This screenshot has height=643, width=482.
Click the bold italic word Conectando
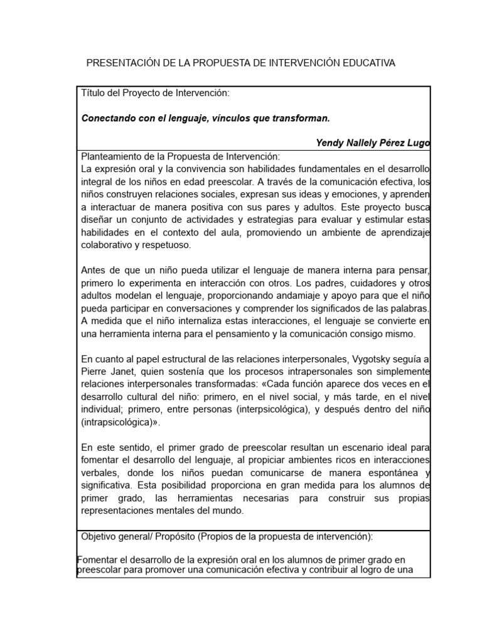pyautogui.click(x=109, y=118)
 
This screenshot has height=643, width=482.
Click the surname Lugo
pyautogui.click(x=418, y=143)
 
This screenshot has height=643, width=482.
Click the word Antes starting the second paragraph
pyautogui.click(x=94, y=271)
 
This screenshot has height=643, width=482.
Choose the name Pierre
pyautogui.click(x=95, y=372)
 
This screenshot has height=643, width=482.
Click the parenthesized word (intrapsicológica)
pyautogui.click(x=118, y=423)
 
